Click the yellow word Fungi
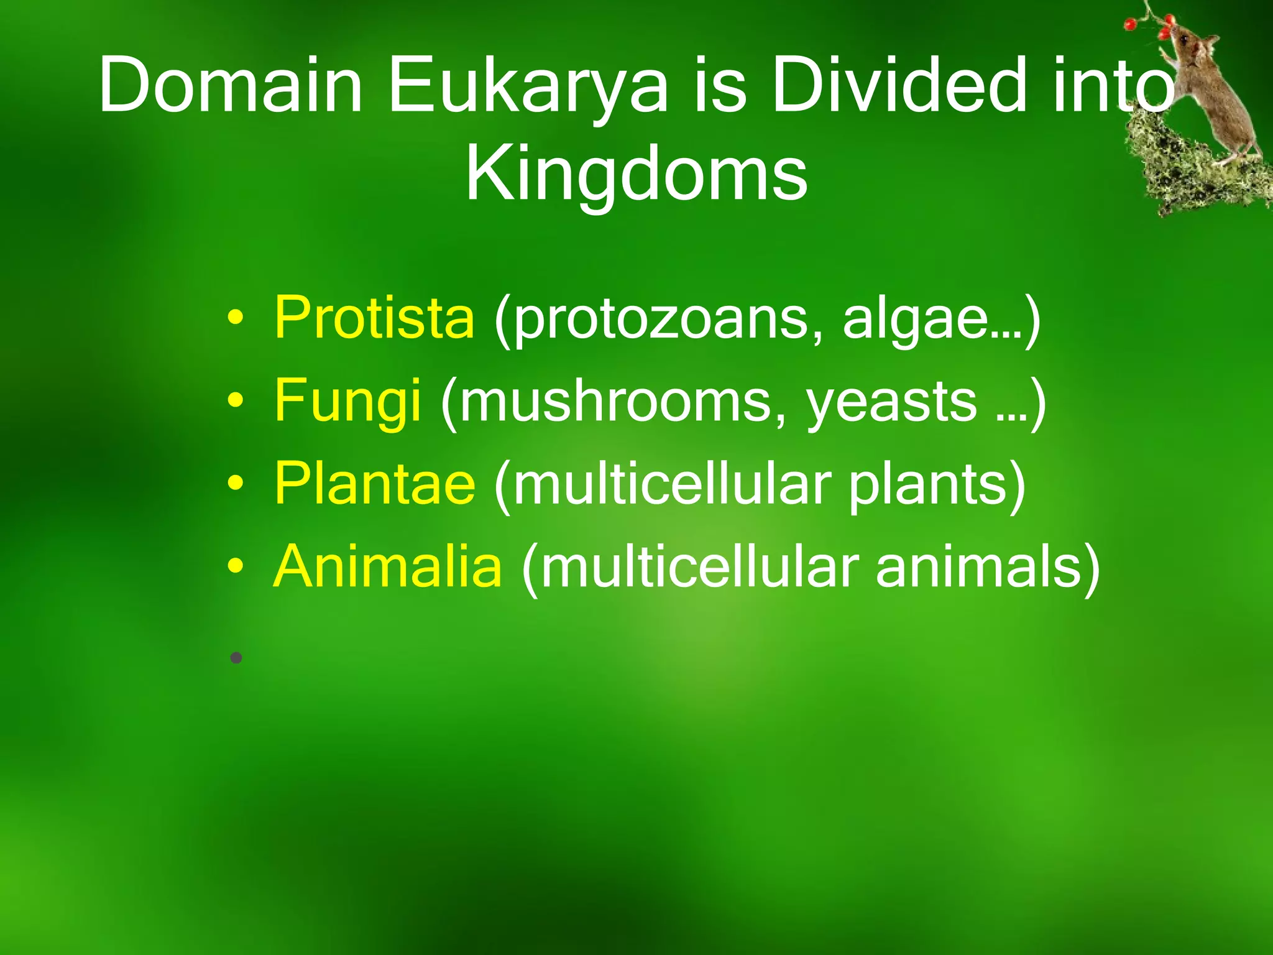pos(347,401)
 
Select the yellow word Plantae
pos(375,484)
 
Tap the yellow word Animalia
pos(387,566)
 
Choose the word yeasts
pos(891,401)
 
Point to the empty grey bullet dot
pos(236,657)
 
